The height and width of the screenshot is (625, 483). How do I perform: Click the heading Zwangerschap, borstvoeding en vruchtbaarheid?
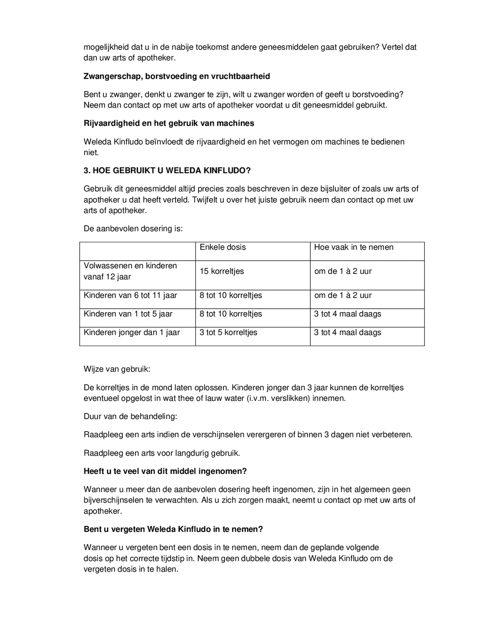[x=177, y=76]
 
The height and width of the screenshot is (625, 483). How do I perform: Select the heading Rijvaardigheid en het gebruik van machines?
[x=169, y=123]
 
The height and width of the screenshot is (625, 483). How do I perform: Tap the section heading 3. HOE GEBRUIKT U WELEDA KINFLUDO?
[x=167, y=170]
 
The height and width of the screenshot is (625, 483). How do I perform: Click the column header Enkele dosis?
[x=222, y=247]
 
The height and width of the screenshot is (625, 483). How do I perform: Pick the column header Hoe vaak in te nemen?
[x=353, y=247]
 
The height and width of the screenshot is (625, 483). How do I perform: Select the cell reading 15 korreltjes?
[x=221, y=271]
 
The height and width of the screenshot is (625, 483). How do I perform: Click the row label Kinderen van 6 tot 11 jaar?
[x=130, y=296]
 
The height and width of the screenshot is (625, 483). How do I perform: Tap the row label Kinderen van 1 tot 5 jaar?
[x=128, y=314]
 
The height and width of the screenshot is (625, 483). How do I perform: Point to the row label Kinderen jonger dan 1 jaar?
[x=132, y=333]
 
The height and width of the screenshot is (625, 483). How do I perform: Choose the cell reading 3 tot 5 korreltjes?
[x=228, y=333]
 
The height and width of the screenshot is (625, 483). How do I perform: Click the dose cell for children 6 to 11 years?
[x=231, y=296]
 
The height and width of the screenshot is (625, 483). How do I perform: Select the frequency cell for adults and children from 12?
[x=343, y=271]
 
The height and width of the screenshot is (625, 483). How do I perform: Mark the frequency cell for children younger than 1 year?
[x=348, y=333]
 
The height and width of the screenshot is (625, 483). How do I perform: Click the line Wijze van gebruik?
[x=117, y=369]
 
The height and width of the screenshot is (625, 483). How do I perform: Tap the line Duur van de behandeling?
[x=130, y=416]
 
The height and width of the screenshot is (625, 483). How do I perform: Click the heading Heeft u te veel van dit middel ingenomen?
[x=165, y=471]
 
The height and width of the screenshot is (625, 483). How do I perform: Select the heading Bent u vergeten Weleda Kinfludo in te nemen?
[x=173, y=529]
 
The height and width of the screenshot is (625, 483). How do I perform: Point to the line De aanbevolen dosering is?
[x=133, y=229]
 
